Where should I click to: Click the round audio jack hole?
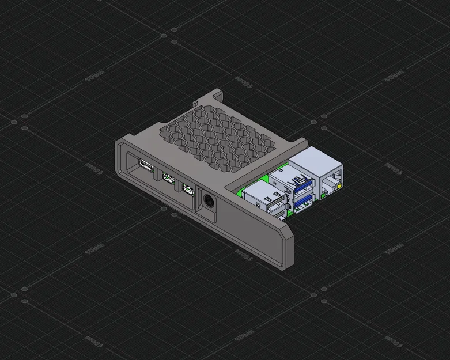click(x=208, y=202)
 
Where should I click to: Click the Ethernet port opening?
click(x=331, y=185)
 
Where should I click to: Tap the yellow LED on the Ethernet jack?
click(x=342, y=187)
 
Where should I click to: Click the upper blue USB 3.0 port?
click(x=302, y=185)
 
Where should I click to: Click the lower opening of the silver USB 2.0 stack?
click(x=278, y=216)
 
